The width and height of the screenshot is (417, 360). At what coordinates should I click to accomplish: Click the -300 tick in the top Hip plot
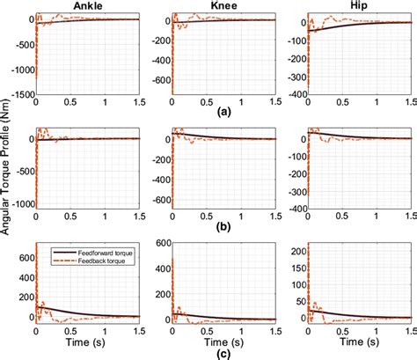tap(295, 84)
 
